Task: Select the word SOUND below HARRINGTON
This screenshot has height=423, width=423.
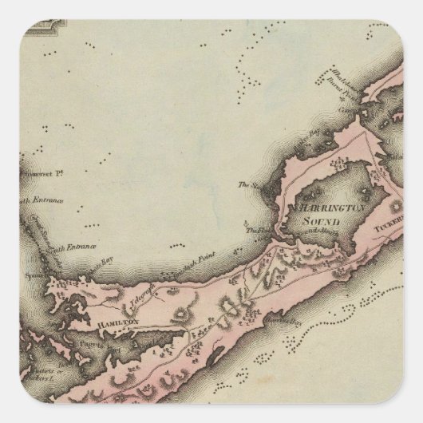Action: point(310,219)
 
